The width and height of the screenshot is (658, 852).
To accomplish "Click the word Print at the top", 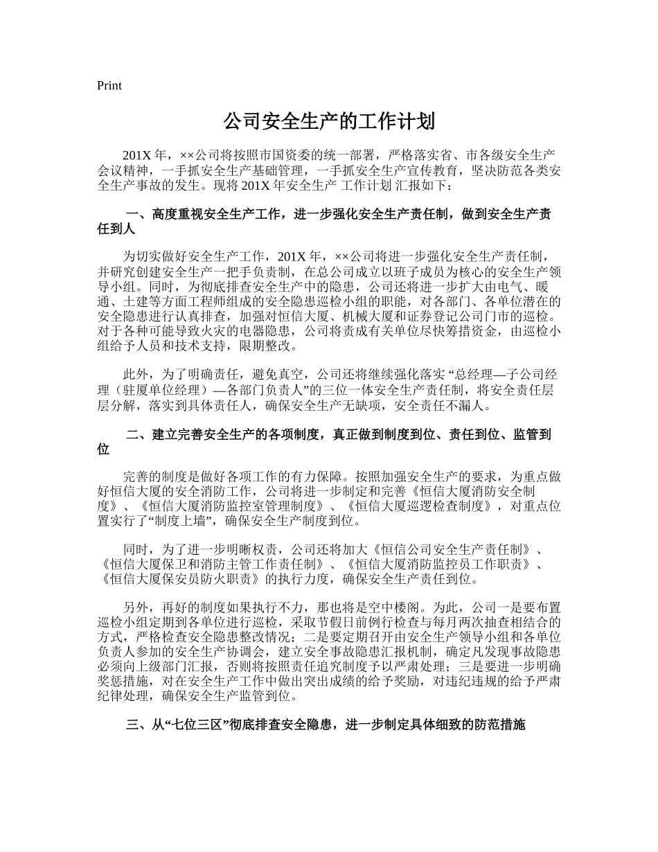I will (x=109, y=86).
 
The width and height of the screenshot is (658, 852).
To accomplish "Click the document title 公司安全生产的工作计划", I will (x=329, y=122).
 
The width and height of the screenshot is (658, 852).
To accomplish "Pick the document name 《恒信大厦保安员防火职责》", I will (x=181, y=578).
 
